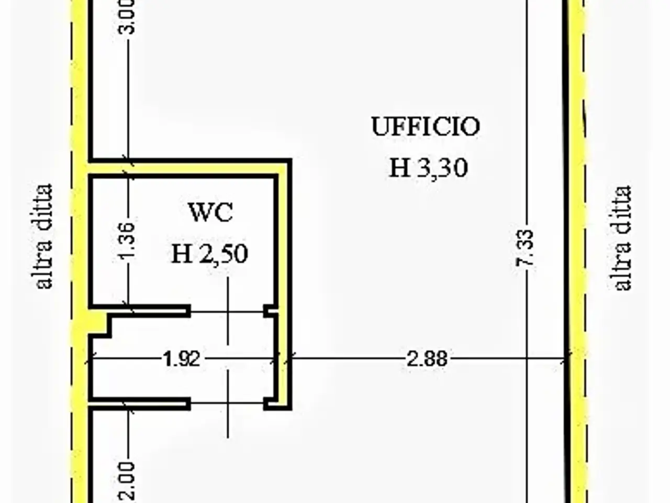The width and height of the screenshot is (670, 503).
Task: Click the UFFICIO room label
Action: click(426, 126)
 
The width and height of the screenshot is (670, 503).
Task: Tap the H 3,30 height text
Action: click(429, 168)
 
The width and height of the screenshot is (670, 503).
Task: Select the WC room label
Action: click(211, 212)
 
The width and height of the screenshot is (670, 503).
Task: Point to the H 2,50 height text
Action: click(210, 254)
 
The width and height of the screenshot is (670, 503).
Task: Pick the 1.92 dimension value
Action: click(182, 359)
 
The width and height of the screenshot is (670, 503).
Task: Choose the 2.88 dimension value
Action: click(427, 358)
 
